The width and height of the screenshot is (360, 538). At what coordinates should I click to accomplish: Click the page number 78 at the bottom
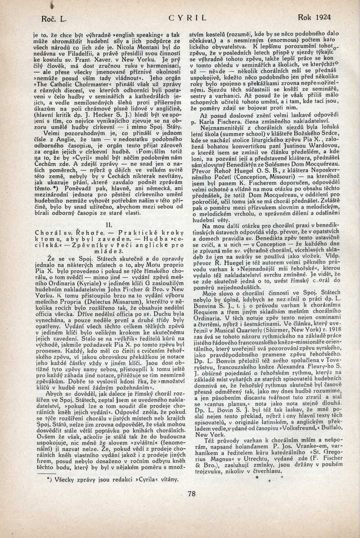[x=192, y=493]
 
